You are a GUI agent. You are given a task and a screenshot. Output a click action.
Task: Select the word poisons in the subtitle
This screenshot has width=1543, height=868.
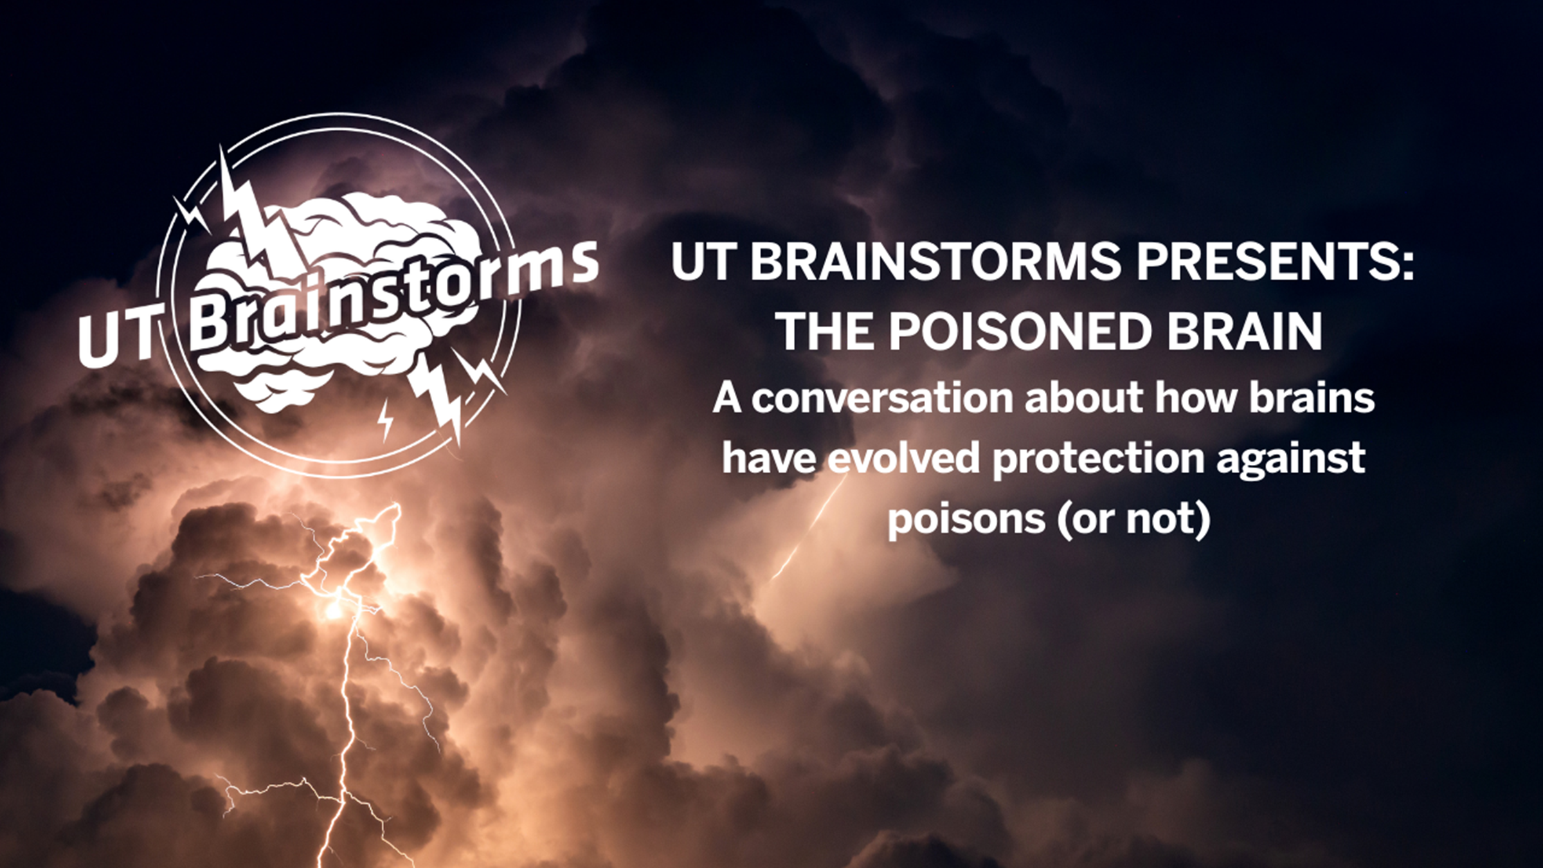tap(966, 519)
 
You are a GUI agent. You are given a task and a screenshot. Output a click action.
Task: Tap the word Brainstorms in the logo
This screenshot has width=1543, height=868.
tap(392, 293)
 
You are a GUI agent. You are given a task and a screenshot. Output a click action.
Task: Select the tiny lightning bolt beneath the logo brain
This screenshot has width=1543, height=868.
tap(385, 420)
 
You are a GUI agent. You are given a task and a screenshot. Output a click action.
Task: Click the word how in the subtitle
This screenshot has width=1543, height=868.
tap(1195, 399)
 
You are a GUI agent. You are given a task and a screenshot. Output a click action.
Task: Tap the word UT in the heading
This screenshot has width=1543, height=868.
tap(701, 262)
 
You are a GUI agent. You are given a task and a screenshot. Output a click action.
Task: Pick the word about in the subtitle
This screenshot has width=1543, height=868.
tap(1083, 399)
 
